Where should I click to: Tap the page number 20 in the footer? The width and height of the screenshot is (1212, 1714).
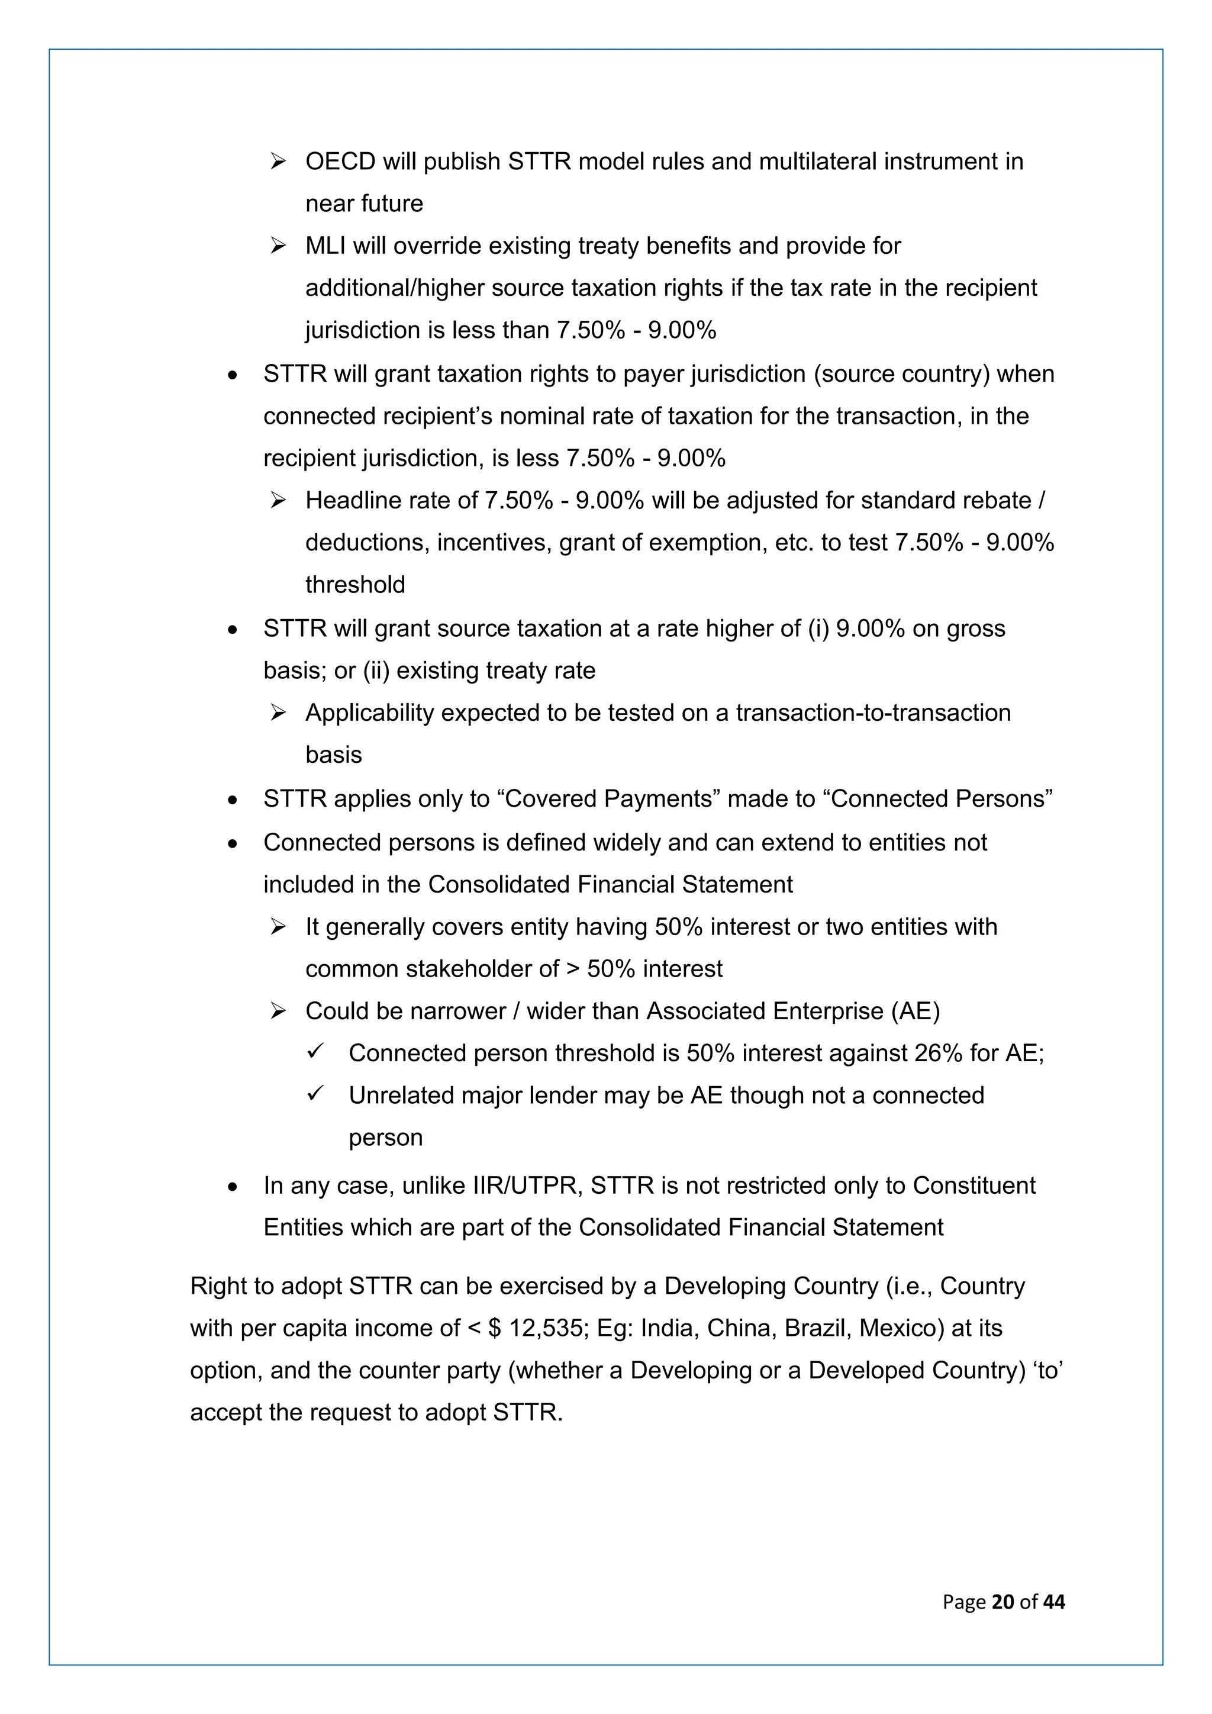tap(1003, 1602)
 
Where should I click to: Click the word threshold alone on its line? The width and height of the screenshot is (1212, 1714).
tap(355, 585)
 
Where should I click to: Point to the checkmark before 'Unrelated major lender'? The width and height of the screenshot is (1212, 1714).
tap(315, 1094)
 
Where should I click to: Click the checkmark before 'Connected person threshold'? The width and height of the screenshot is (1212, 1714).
tap(315, 1052)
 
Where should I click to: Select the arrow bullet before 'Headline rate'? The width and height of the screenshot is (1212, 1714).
tap(278, 500)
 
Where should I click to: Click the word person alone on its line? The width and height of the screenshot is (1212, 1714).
tap(386, 1138)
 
